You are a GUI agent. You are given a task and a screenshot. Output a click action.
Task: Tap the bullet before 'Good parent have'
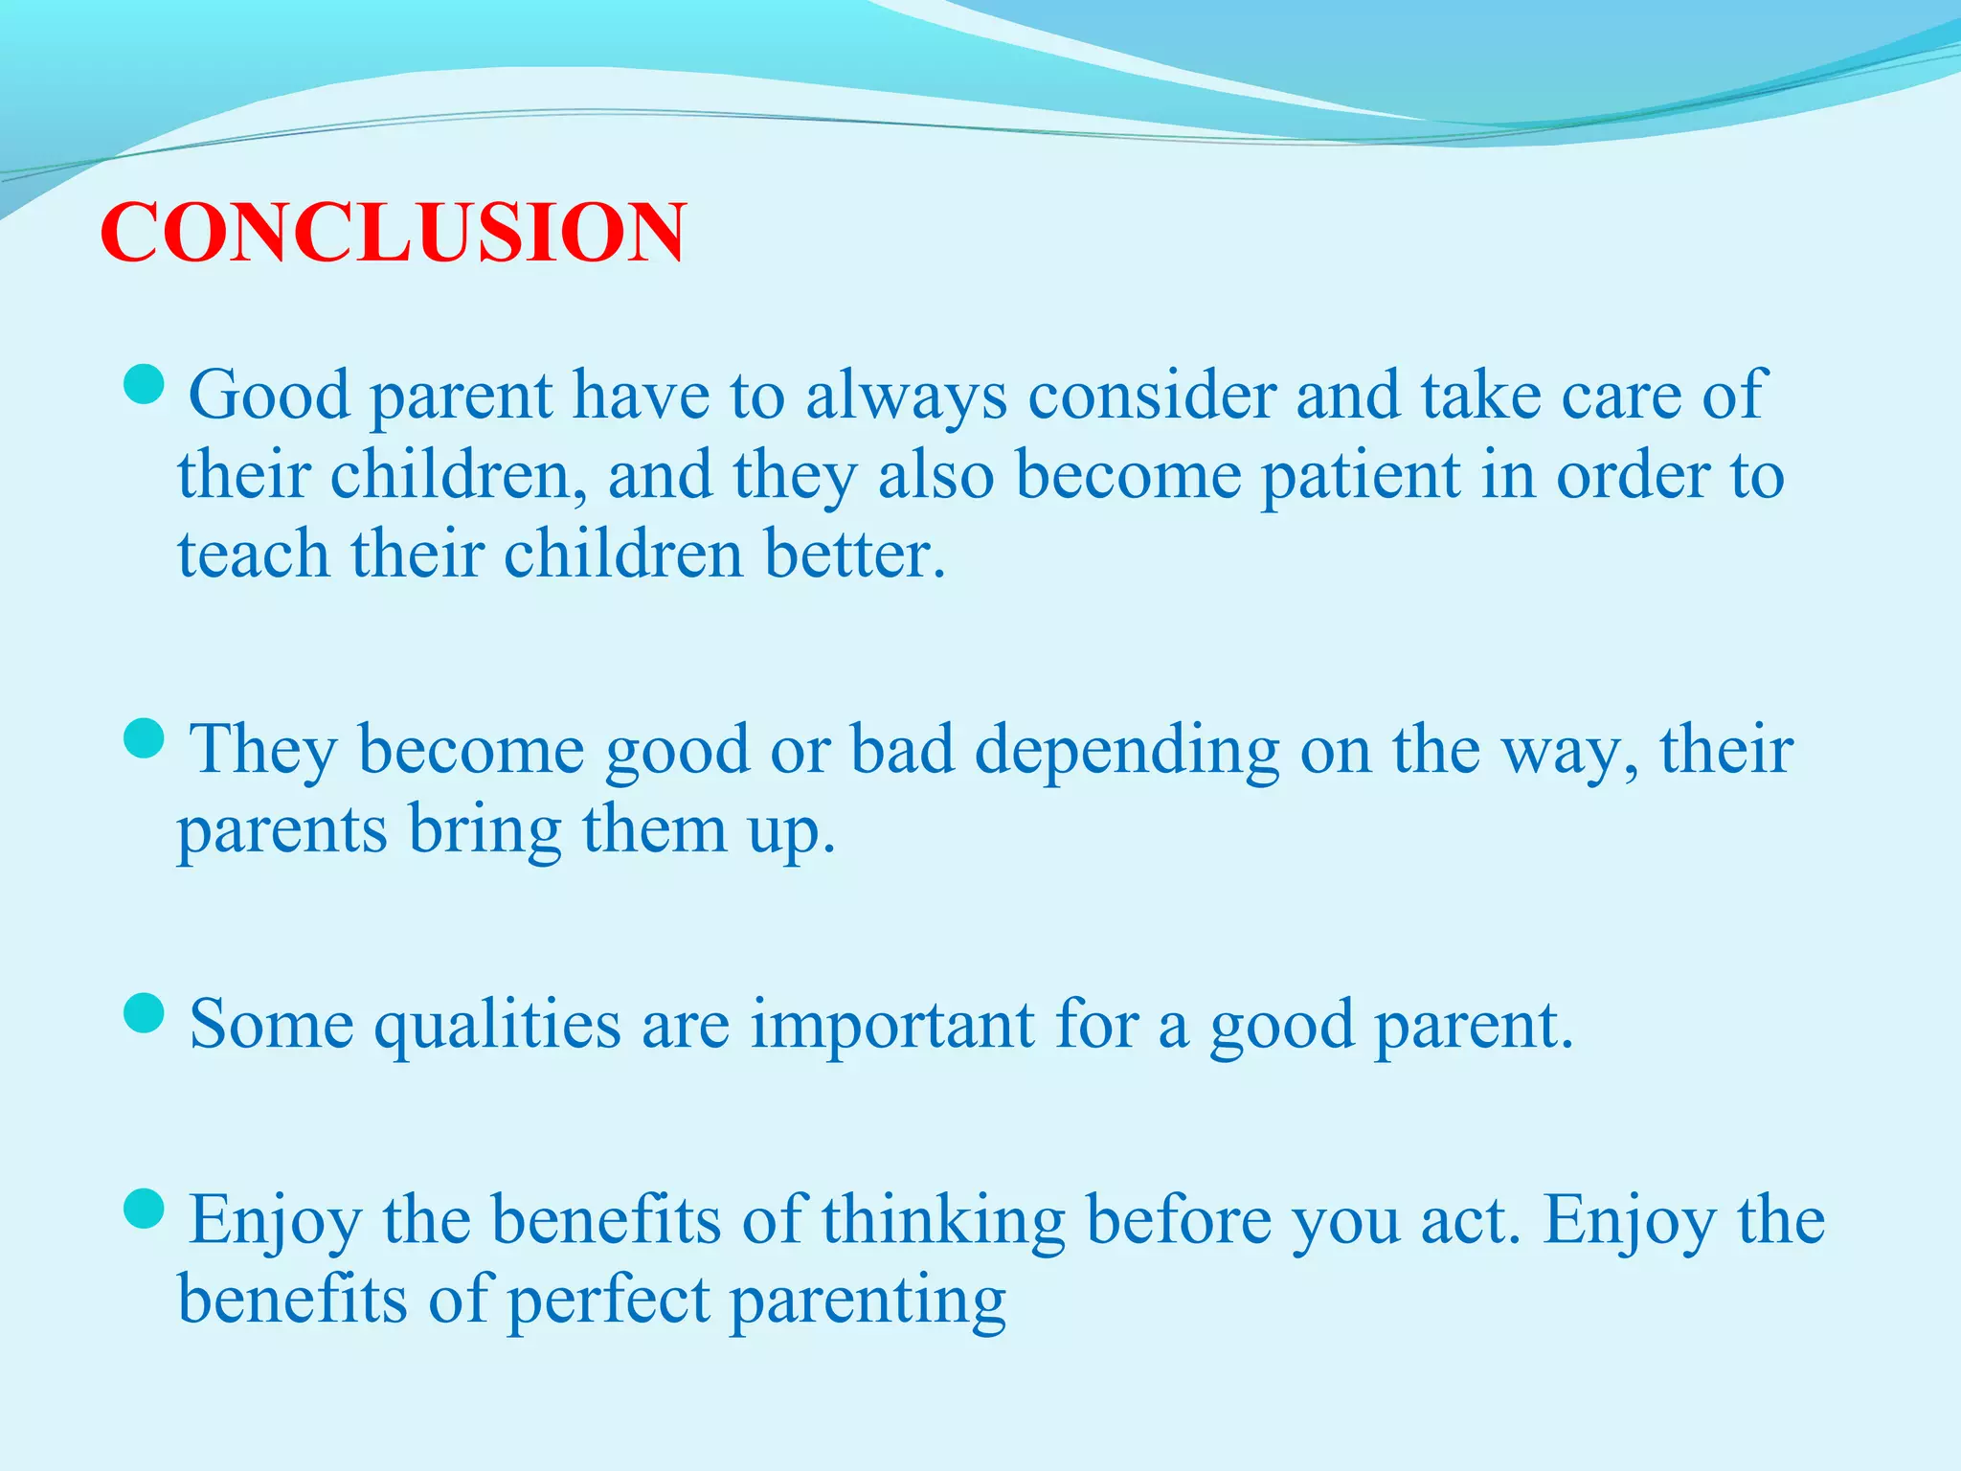(x=146, y=384)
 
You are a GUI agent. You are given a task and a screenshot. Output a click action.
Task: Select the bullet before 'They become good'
(x=146, y=738)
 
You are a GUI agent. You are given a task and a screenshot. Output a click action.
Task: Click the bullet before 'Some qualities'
(x=146, y=1013)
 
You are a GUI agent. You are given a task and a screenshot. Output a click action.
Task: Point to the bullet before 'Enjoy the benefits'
(x=146, y=1209)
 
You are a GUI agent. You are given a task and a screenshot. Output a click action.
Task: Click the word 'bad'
(x=902, y=750)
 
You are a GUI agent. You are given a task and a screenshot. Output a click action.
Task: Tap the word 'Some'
(x=272, y=1026)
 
